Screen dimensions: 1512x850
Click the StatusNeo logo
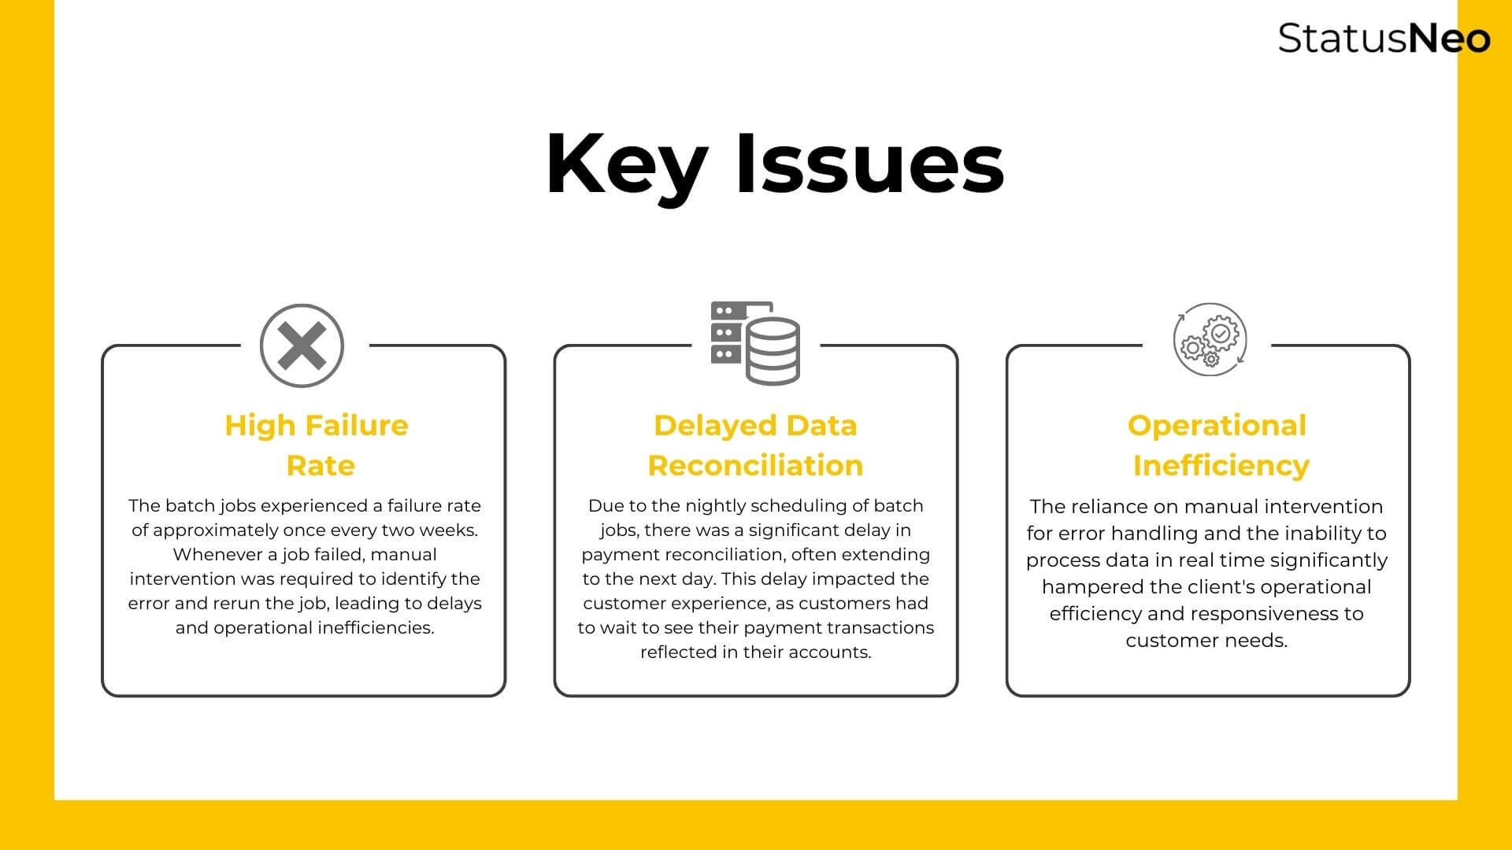(x=1384, y=38)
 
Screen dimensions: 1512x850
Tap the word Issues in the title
(x=870, y=163)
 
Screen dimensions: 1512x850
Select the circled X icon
(x=302, y=346)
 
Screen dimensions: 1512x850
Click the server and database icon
(x=755, y=342)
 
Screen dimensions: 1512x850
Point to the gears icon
(x=1210, y=339)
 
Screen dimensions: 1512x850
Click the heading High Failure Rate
(x=317, y=445)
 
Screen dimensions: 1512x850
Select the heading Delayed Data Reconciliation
(x=756, y=445)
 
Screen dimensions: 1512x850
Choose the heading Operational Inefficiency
(x=1217, y=445)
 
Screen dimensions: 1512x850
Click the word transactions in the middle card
(x=884, y=628)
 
